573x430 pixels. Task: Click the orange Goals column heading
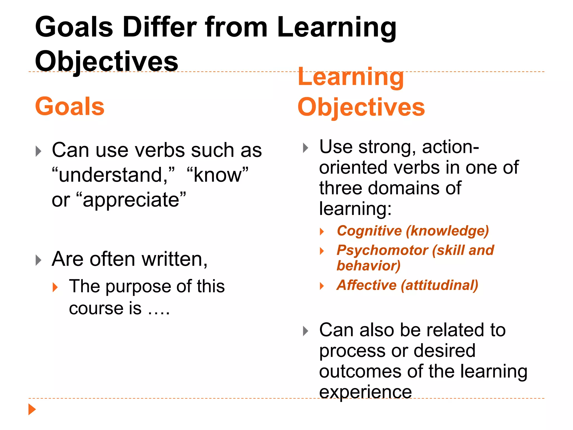coord(70,106)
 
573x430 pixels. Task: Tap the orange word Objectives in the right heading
coord(361,107)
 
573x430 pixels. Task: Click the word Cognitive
coord(369,231)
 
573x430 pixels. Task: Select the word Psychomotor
coord(382,250)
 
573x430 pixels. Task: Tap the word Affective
coord(367,285)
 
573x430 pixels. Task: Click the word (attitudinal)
coord(440,285)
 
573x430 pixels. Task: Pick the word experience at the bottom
coord(365,392)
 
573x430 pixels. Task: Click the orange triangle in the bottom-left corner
coord(32,409)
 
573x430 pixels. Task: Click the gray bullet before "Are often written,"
coord(39,260)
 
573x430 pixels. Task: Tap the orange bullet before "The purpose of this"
coord(55,287)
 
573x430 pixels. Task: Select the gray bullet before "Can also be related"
coord(306,331)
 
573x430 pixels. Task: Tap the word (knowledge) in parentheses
coord(447,231)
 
